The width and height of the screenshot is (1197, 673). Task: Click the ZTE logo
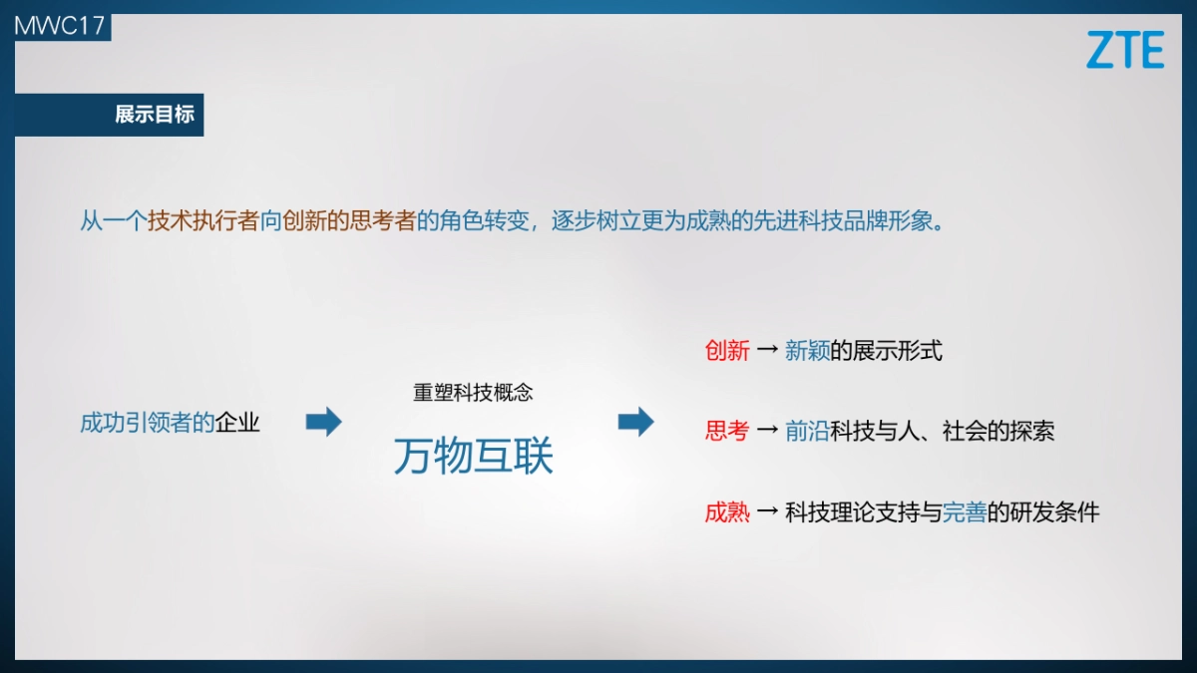(x=1125, y=50)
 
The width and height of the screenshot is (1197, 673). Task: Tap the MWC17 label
(x=60, y=26)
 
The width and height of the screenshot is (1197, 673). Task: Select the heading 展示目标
(x=155, y=115)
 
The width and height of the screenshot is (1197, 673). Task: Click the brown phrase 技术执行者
(x=203, y=221)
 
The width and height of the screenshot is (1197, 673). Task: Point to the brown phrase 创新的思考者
(x=349, y=221)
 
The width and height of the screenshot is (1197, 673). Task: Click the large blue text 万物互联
(x=473, y=456)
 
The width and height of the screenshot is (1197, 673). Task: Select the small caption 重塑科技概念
(x=473, y=393)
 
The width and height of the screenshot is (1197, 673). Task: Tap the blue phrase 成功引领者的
(x=148, y=423)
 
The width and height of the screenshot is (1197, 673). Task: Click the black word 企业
(x=237, y=423)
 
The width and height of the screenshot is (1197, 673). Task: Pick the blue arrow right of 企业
(x=323, y=422)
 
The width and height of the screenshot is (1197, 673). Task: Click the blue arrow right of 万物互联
(x=635, y=422)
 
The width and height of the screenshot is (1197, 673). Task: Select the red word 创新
(x=727, y=351)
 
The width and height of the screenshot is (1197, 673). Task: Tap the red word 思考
(x=727, y=431)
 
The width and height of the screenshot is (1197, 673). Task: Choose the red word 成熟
(x=727, y=512)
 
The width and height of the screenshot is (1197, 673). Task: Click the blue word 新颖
(x=807, y=351)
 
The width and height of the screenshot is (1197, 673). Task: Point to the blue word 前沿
(x=807, y=431)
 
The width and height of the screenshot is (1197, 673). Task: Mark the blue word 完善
(x=965, y=512)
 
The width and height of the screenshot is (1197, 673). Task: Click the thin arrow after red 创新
(x=767, y=351)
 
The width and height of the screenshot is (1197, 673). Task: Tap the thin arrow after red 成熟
(x=767, y=512)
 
